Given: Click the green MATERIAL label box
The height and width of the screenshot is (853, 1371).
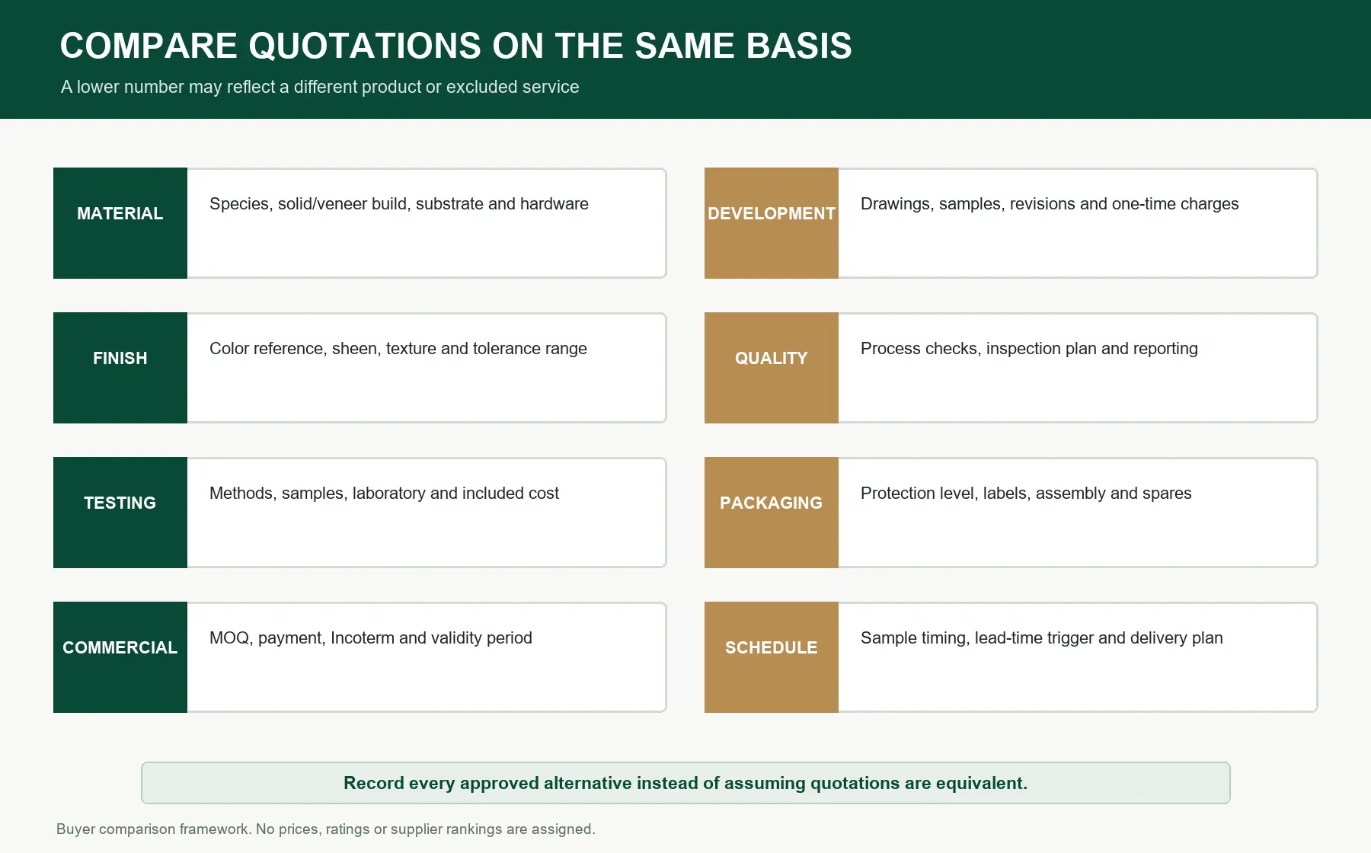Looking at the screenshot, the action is (x=120, y=223).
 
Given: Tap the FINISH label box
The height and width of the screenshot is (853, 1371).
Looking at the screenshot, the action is (x=120, y=368).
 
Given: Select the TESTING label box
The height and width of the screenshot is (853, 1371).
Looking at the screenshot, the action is (x=120, y=513).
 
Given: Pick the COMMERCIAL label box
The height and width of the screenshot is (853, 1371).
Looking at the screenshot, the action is (x=120, y=657).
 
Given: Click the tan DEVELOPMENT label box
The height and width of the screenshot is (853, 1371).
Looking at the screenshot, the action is (x=772, y=223).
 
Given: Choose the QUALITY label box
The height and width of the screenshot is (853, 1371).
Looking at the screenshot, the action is (x=772, y=368).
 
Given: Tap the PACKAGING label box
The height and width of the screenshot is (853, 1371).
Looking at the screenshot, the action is (x=772, y=513).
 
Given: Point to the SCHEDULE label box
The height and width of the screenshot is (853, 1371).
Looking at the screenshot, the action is (x=772, y=657).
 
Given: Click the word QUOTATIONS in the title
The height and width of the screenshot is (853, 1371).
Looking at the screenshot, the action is (x=365, y=46).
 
